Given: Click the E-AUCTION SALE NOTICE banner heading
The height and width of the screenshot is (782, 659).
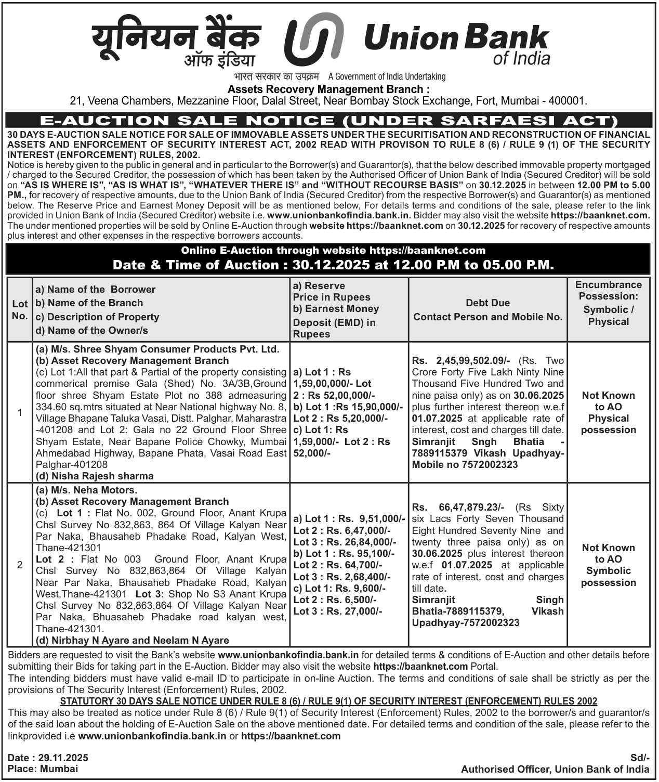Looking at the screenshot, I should click(329, 121).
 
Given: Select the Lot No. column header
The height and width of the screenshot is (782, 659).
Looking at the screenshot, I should click(20, 310).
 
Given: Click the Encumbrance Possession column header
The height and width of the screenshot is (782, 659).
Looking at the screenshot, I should click(608, 303).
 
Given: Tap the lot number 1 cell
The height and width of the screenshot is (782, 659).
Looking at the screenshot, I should click(20, 412).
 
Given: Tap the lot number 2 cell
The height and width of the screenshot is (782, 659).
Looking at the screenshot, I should click(20, 565).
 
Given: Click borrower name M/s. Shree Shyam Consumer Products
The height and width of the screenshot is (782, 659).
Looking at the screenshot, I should click(157, 349).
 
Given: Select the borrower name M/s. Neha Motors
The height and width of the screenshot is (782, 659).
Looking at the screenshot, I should click(86, 490).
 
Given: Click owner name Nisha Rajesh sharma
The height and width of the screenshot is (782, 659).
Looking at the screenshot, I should click(95, 476).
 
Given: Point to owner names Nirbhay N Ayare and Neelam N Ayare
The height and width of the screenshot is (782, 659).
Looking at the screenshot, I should click(133, 640).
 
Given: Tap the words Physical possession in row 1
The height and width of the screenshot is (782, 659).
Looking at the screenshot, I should click(608, 424).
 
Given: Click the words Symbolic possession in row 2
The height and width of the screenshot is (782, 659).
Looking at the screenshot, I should click(608, 577).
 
